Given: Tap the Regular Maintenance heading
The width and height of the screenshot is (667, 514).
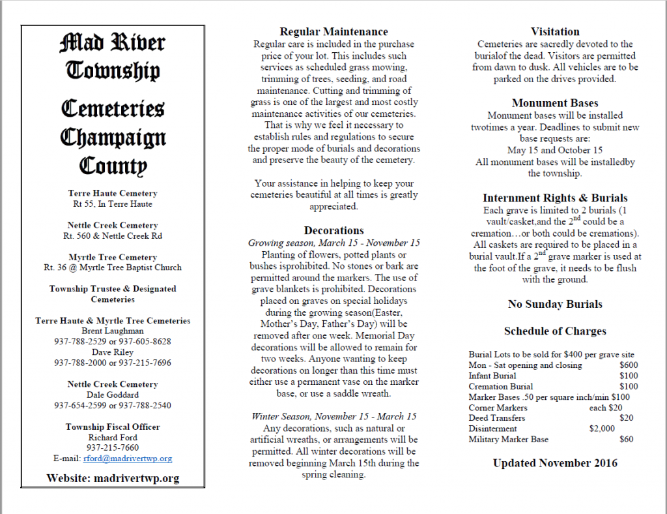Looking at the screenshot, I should tap(333, 31).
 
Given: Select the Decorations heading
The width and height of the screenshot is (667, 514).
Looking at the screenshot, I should tap(333, 230).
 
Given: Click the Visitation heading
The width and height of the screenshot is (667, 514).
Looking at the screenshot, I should tap(555, 31).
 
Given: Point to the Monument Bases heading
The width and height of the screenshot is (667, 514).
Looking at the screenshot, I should tap(555, 103).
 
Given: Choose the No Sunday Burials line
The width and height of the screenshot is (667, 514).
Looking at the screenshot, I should tap(555, 304).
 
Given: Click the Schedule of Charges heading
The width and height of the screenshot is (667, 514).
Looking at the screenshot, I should tap(555, 331).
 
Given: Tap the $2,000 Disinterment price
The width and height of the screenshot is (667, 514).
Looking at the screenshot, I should tap(601, 429).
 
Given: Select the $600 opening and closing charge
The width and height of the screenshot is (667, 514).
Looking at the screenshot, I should tap(629, 365).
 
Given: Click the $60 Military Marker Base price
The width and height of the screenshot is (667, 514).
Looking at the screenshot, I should tap(627, 440).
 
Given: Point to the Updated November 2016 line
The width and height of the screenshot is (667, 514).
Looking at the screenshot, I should tap(555, 463).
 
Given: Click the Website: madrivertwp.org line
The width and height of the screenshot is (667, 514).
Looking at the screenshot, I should tap(113, 478).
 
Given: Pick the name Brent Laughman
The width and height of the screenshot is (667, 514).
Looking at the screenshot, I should tap(113, 331).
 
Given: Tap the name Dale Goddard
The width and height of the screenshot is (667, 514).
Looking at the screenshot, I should tap(113, 395).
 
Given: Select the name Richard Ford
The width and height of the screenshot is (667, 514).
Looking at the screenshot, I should tap(113, 437).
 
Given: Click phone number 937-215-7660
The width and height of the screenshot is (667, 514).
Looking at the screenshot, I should tap(113, 447).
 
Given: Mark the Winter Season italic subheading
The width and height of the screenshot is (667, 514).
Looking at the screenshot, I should tap(333, 416).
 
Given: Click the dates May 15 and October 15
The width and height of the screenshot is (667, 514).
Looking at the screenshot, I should tap(555, 151).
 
